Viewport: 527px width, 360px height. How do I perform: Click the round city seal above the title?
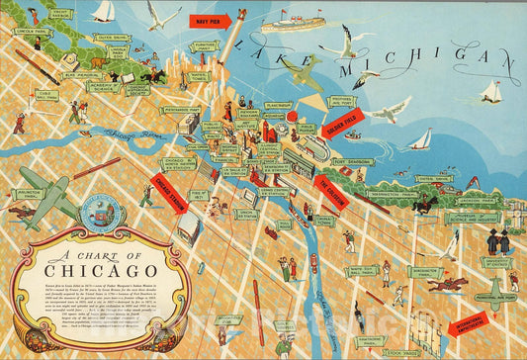click(x=102, y=212)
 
